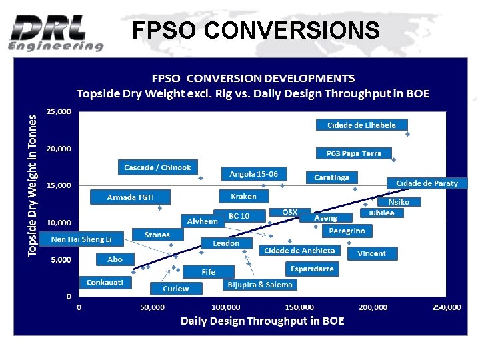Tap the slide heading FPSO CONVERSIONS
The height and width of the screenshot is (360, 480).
[256, 30]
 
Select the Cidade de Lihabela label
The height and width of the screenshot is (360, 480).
[361, 125]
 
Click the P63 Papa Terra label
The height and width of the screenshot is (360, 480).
[353, 153]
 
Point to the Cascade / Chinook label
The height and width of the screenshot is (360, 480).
[157, 167]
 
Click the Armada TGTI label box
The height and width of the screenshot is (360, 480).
[131, 197]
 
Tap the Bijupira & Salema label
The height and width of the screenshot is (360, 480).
[260, 285]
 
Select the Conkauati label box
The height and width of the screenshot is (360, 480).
[105, 283]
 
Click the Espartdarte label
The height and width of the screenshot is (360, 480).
[312, 269]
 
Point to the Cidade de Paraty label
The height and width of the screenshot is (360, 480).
[427, 183]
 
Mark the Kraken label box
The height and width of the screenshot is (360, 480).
[243, 196]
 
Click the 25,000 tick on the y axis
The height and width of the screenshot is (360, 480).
[59, 111]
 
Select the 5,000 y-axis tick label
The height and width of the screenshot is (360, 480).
[61, 259]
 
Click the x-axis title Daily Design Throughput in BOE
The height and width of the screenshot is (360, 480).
[263, 321]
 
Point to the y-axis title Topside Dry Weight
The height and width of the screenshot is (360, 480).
[32, 184]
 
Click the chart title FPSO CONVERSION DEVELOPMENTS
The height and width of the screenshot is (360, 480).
[253, 79]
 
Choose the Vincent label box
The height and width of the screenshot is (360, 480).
[371, 253]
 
